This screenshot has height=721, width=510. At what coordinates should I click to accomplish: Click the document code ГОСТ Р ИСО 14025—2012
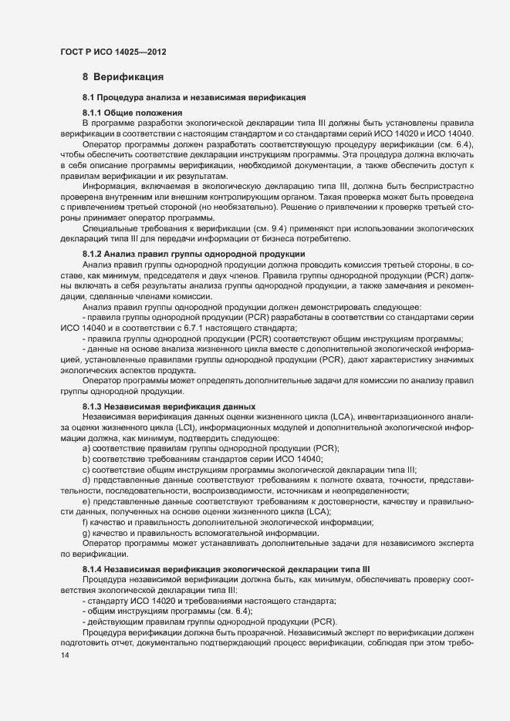[x=113, y=52]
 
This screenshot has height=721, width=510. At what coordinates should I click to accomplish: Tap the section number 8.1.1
[x=93, y=113]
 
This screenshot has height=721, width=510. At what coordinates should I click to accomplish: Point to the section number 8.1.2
[x=93, y=254]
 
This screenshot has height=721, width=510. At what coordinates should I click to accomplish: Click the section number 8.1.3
[x=93, y=406]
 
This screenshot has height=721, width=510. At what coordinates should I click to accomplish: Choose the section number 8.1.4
[x=93, y=568]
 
